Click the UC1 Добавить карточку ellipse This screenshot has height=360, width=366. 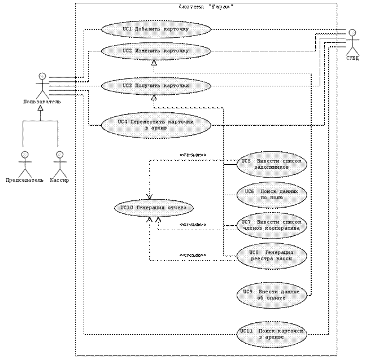click(156, 29)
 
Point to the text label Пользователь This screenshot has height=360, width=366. click(40, 102)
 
